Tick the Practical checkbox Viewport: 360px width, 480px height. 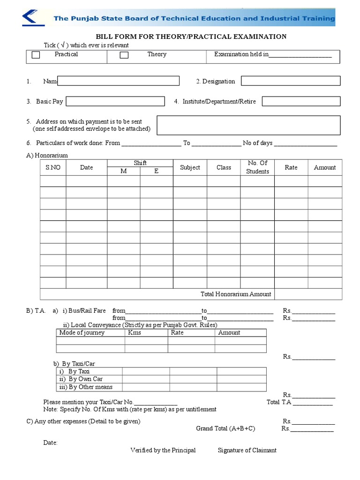click(36, 55)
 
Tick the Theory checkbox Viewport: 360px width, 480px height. click(124, 55)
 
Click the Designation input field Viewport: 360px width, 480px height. click(291, 81)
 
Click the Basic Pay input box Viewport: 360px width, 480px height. click(115, 101)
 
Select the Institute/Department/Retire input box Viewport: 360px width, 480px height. click(301, 101)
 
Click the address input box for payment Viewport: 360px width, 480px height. click(248, 125)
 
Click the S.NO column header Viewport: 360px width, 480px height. click(53, 167)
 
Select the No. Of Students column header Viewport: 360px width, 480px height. click(257, 167)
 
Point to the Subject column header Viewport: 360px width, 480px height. click(190, 167)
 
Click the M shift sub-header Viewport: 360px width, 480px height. click(124, 171)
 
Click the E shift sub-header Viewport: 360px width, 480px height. click(157, 171)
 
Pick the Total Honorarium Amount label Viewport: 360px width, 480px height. click(236, 294)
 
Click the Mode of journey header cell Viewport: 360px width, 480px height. click(82, 333)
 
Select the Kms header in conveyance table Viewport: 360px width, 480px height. click(135, 333)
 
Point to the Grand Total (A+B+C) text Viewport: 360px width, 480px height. click(225, 428)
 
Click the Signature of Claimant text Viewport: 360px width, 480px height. click(247, 450)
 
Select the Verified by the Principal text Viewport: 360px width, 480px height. click(163, 450)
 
